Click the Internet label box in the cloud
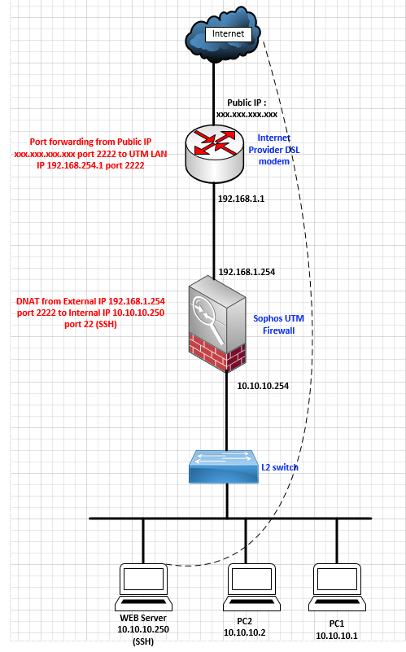point(229,34)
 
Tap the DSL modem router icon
point(215,154)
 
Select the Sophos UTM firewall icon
point(217,323)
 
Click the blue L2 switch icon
point(224,466)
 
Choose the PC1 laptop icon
point(337,587)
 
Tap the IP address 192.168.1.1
point(241,199)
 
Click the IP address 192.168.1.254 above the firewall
point(247,272)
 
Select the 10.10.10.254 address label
point(263,386)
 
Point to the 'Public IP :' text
point(247,103)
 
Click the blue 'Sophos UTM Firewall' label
point(279,324)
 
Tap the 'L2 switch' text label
point(280,467)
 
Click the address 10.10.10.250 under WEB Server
point(143,629)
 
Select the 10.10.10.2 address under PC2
point(244,632)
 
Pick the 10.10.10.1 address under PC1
point(337,636)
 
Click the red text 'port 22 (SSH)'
point(90,324)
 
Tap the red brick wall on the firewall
point(216,352)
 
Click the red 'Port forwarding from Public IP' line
point(90,142)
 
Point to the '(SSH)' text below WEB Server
point(143,641)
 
